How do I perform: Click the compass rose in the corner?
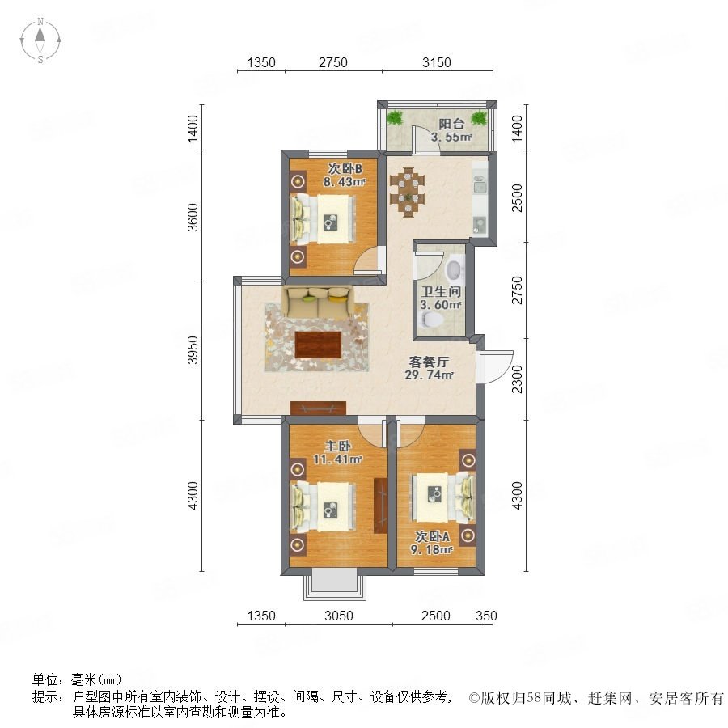click(40, 40)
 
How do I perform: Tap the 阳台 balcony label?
click(451, 124)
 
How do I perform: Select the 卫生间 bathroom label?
click(441, 291)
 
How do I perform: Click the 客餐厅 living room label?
click(429, 362)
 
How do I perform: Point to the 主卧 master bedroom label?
click(337, 447)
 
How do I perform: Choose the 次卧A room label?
click(432, 537)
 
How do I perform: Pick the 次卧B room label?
click(345, 168)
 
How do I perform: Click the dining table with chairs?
click(407, 192)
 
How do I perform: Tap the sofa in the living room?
click(318, 303)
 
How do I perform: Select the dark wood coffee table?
click(318, 345)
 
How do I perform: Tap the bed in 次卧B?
click(323, 218)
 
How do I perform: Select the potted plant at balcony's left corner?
click(395, 117)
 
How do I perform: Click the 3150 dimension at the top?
click(437, 62)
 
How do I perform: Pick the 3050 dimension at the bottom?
click(338, 616)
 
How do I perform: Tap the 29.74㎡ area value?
click(429, 375)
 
